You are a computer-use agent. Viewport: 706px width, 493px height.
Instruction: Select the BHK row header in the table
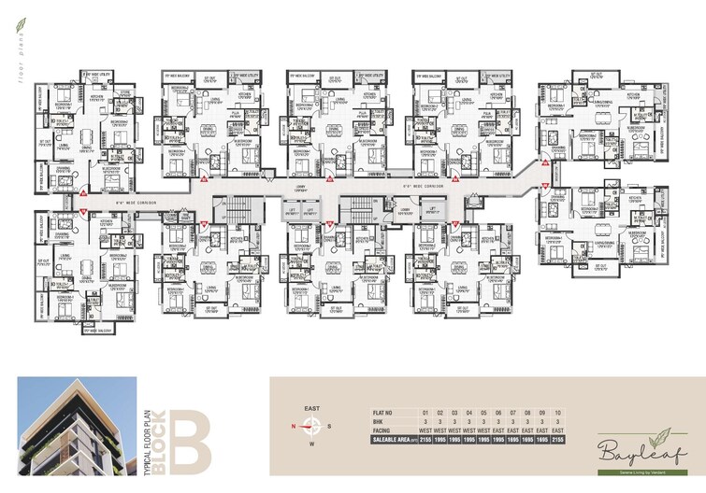(378, 421)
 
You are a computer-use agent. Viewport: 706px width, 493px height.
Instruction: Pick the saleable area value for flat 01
(425, 440)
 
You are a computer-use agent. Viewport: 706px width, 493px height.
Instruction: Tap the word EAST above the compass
(313, 408)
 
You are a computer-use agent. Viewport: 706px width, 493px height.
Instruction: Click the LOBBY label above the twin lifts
(302, 190)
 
